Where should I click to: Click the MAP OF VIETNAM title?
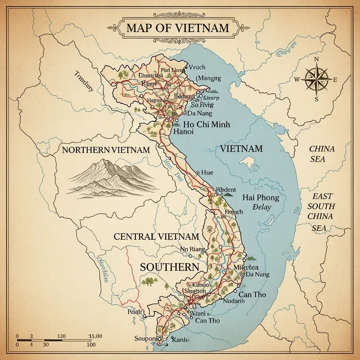tap(177, 28)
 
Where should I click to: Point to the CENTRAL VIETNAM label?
tap(156, 236)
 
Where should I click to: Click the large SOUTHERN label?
tap(169, 266)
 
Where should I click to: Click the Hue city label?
tap(207, 172)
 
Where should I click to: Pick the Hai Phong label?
tap(261, 198)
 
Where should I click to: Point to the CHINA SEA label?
tap(322, 154)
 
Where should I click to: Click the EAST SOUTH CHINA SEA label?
tap(323, 212)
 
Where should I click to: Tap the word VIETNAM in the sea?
tap(241, 148)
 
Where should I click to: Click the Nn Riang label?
tap(192, 249)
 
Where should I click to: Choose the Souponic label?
tap(147, 338)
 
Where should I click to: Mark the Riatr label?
tap(135, 311)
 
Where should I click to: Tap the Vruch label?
tap(197, 67)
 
